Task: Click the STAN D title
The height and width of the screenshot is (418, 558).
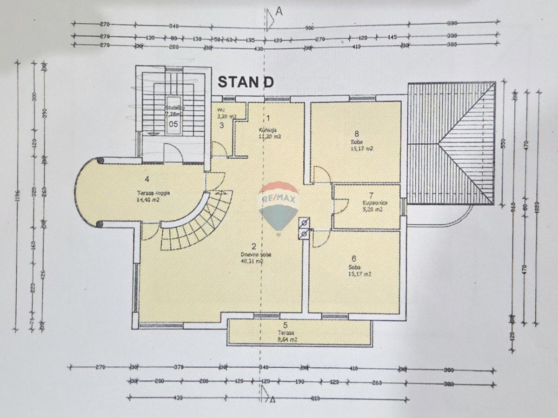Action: pos(246,82)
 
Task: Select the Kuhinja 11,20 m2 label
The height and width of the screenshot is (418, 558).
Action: pos(270,133)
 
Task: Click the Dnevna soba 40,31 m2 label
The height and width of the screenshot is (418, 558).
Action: pos(252,258)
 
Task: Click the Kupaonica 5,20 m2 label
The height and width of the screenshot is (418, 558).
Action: pos(372,206)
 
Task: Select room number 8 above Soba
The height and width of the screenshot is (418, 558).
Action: pos(357,133)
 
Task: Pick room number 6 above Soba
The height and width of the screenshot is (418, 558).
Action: pos(354,259)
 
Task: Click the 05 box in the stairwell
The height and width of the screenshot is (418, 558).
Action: pos(173,124)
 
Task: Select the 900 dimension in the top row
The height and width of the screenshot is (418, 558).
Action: pos(310,27)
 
